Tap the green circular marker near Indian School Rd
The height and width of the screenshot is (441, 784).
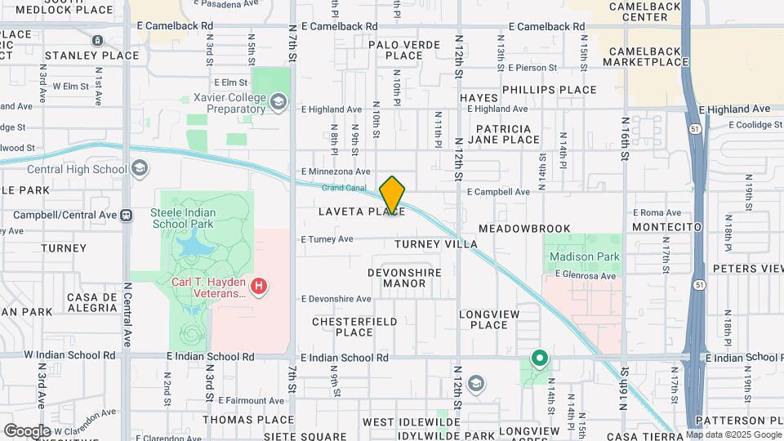(539, 358)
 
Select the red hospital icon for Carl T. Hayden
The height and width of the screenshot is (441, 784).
(259, 286)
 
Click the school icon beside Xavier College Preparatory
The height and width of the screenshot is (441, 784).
(278, 102)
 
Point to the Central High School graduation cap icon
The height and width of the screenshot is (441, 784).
(140, 169)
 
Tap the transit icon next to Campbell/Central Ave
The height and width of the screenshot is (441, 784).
(126, 216)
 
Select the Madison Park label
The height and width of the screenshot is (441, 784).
(584, 256)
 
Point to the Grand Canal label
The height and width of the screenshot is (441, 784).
(343, 188)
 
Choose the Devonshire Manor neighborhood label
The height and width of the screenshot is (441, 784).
(404, 278)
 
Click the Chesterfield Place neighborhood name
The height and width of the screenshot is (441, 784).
(354, 327)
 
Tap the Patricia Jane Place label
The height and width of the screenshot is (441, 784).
(504, 134)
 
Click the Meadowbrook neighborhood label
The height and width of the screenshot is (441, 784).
(513, 229)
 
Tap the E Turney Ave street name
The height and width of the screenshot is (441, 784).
(327, 239)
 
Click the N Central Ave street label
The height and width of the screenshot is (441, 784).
(127, 304)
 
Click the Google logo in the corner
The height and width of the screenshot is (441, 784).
(27, 430)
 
